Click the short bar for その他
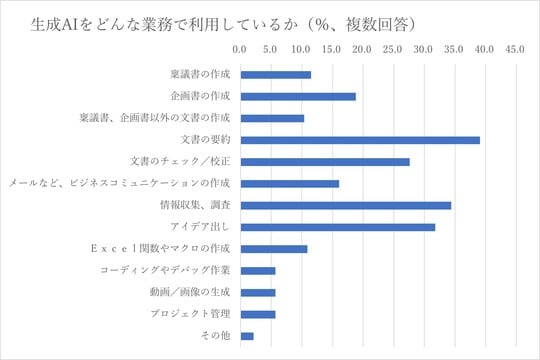[247, 336]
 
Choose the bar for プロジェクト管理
[258, 314]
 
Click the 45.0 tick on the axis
[514, 49]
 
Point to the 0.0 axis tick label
[241, 49]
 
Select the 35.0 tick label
[453, 49]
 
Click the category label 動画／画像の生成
[195, 292]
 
